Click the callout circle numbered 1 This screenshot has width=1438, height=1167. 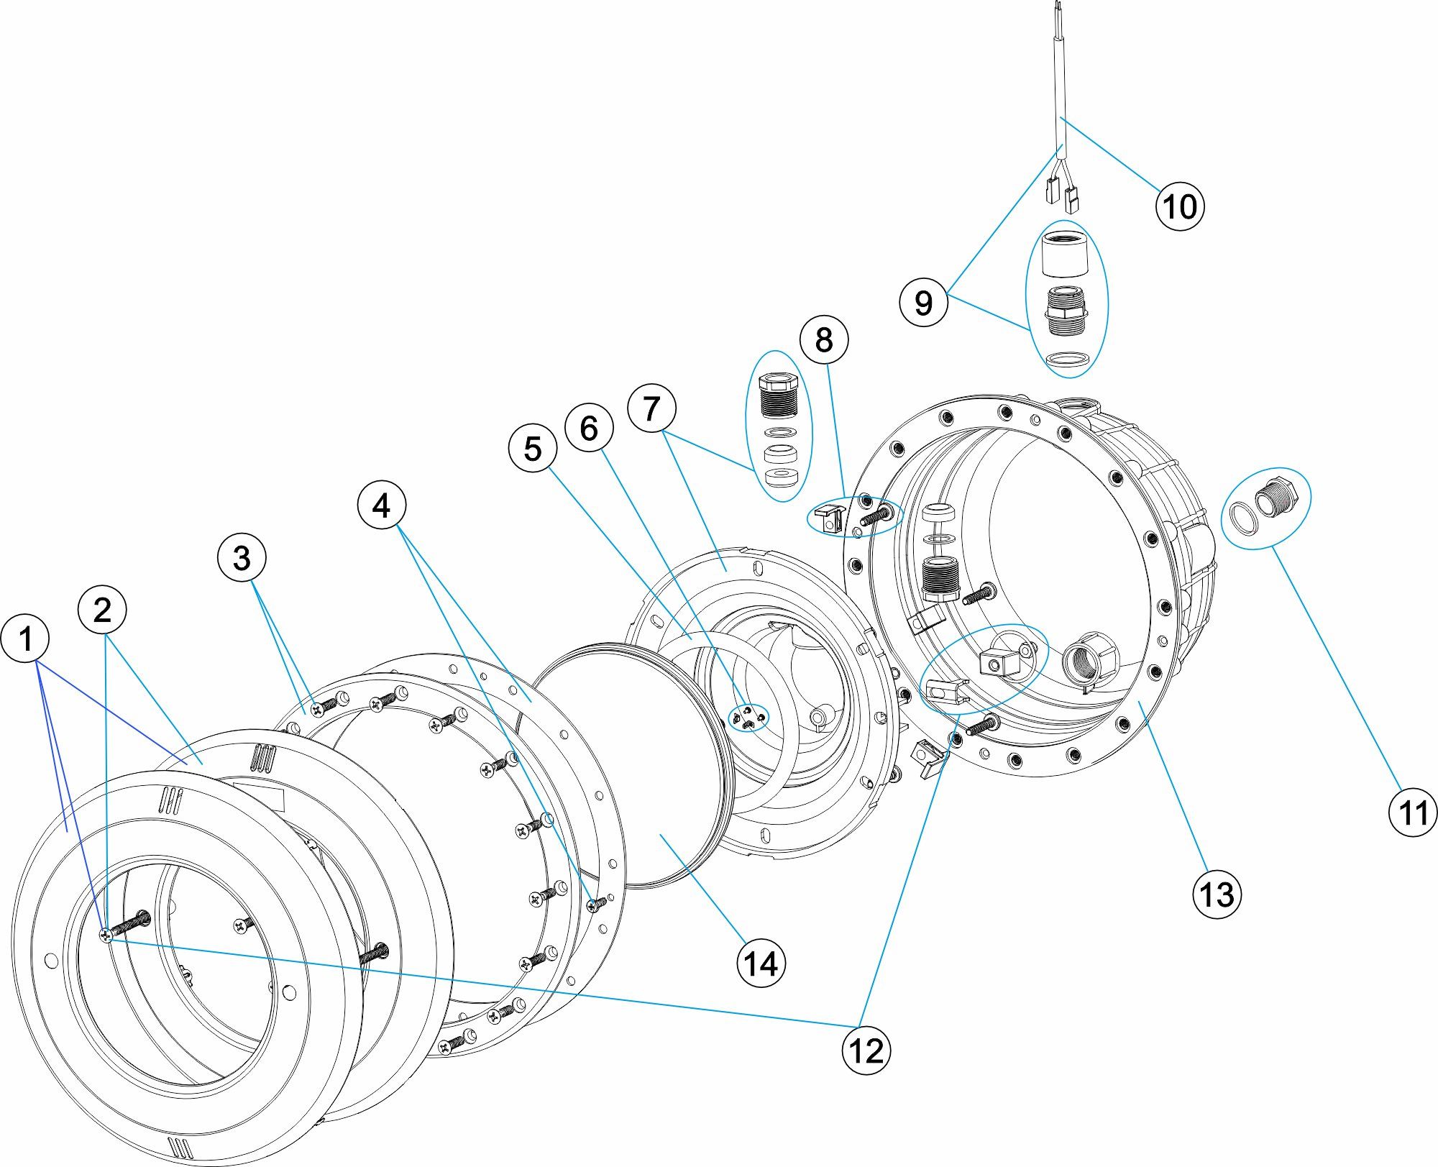coord(26,638)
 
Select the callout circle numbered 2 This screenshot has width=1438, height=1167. coord(103,610)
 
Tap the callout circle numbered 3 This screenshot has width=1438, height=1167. coord(242,558)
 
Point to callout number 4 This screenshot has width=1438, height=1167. coord(381,505)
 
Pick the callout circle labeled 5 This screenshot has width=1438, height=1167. coord(532,449)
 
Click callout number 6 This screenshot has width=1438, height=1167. coord(589,429)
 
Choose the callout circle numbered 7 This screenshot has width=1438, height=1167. coord(651,409)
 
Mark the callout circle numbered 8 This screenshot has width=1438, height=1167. coord(824,339)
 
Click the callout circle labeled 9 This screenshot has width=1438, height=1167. coord(924,302)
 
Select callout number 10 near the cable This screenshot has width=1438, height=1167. coord(1180,206)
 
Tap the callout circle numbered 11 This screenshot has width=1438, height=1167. coord(1413,813)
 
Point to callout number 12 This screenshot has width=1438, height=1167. coord(866,1051)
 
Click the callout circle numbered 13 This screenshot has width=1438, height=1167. coord(1217,894)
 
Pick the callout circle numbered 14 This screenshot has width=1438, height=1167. coord(761,963)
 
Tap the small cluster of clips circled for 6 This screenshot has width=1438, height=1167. coord(748,718)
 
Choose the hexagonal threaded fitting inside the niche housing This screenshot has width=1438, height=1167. coord(1090,657)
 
